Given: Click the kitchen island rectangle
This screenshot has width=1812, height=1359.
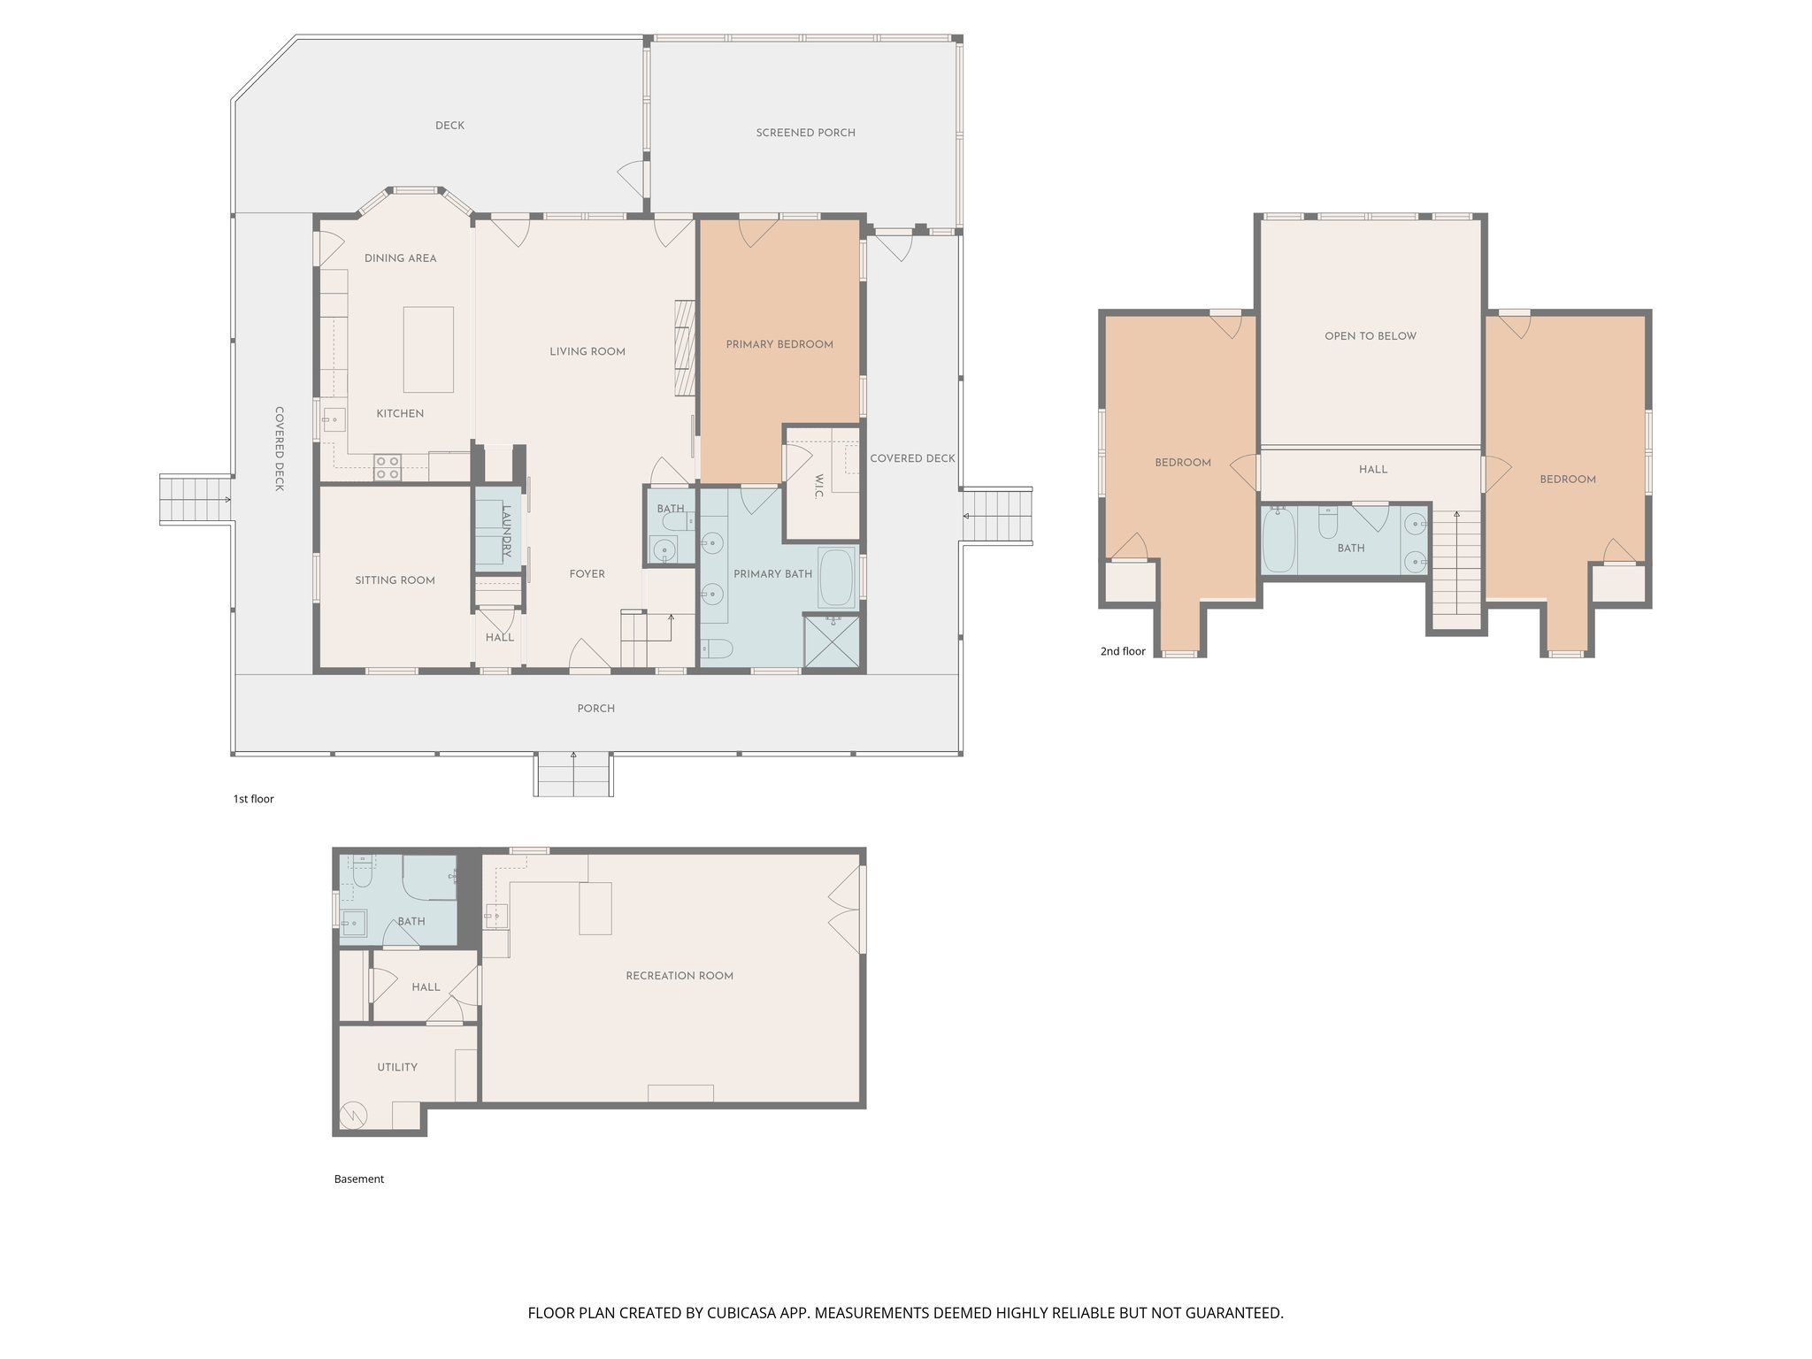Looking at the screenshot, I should tap(428, 349).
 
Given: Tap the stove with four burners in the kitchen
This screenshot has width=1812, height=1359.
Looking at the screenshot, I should tap(387, 467).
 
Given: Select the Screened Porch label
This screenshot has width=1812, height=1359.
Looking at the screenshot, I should tap(805, 133).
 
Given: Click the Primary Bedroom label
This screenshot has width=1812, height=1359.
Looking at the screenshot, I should tap(779, 344).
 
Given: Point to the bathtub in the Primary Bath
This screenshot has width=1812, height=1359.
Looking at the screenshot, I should tap(836, 578).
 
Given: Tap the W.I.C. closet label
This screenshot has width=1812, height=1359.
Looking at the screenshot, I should tap(818, 486).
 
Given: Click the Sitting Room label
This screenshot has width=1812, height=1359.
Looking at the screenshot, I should tap(395, 580).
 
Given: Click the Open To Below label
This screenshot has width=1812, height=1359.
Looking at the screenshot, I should tap(1370, 336).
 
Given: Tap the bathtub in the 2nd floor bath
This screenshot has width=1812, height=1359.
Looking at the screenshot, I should tap(1278, 541).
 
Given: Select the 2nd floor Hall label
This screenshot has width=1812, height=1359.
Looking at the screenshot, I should tap(1373, 470).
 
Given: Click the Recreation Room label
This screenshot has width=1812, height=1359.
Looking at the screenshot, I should tap(679, 976).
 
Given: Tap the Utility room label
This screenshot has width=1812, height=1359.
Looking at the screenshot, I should tap(397, 1067).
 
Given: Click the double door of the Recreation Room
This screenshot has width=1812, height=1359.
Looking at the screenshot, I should tap(847, 910).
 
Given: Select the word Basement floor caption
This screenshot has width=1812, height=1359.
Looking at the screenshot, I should tap(359, 1179).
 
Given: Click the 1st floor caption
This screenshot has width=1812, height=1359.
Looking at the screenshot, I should tap(253, 799).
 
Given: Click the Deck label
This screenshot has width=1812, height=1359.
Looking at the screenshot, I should tap(449, 126).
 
